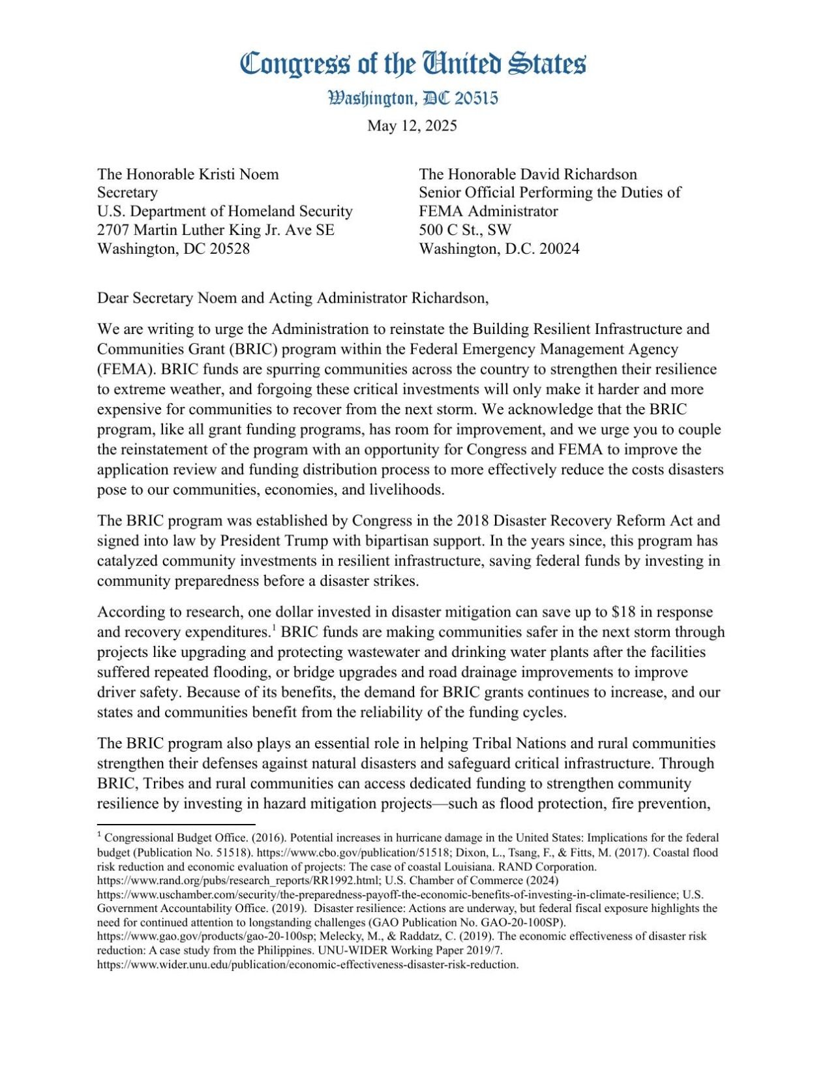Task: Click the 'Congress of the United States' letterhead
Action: [x=412, y=64]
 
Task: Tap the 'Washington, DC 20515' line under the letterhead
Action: [x=412, y=99]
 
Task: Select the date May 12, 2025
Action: [x=412, y=126]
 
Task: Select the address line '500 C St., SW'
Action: [x=465, y=230]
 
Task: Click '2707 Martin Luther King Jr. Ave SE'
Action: [x=215, y=230]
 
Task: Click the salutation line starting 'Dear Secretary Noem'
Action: [x=292, y=298]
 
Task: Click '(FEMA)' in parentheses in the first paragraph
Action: [x=126, y=369]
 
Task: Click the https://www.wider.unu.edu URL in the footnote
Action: [x=308, y=965]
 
